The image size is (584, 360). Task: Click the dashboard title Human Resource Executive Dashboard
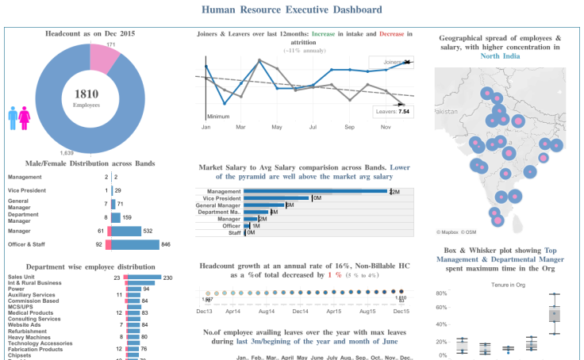[291, 10]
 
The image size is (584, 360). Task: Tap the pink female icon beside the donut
[25, 118]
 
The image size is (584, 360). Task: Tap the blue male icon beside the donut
[13, 118]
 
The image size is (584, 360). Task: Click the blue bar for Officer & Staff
[136, 245]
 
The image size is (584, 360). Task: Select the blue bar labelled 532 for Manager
[127, 231]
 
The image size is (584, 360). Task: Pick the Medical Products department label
[30, 312]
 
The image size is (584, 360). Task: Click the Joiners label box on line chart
[390, 62]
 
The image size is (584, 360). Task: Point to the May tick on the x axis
[277, 127]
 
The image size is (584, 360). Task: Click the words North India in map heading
[501, 56]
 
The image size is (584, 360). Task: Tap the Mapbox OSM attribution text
[456, 232]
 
